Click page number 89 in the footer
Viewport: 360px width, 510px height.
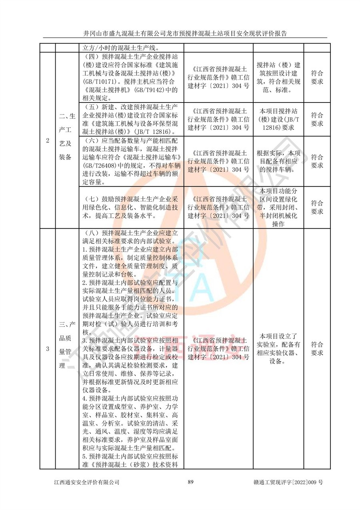[x=191, y=482]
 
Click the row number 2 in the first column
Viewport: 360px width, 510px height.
[x=48, y=141]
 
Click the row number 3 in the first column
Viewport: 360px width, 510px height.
[x=48, y=349]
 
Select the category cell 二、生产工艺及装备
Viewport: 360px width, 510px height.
[x=67, y=137]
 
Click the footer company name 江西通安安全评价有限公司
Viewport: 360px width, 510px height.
[x=87, y=482]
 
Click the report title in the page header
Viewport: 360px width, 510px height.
[x=185, y=33]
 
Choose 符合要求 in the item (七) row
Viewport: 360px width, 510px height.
[x=317, y=207]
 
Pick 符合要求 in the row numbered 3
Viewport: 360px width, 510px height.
[x=317, y=349]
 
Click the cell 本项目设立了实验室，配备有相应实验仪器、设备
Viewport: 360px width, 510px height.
[x=278, y=349]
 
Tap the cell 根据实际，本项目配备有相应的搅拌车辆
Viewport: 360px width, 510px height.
[x=278, y=161]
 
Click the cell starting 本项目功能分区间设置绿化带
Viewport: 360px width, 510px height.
[x=278, y=207]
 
